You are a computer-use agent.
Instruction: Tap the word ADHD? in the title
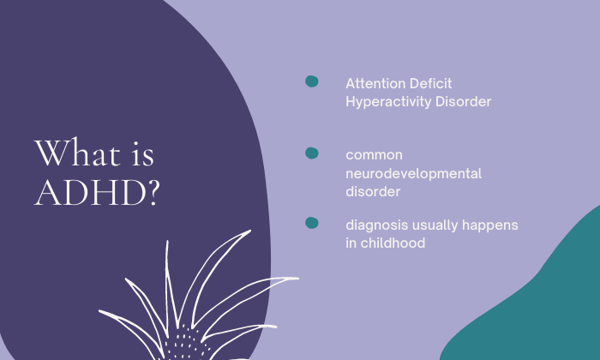click(x=97, y=192)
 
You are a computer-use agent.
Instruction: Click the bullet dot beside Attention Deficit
click(x=312, y=81)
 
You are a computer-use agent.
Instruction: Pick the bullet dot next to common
click(x=312, y=153)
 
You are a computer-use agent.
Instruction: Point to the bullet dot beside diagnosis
click(x=312, y=223)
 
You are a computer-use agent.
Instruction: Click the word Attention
click(x=370, y=83)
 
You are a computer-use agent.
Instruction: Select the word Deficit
click(x=425, y=83)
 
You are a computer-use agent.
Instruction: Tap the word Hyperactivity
click(x=388, y=102)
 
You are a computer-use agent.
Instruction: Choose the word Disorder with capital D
click(x=464, y=101)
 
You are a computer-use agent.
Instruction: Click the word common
click(x=375, y=155)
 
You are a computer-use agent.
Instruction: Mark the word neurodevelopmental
click(x=414, y=174)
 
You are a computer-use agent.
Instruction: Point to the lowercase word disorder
click(x=373, y=191)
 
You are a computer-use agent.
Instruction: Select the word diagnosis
click(x=377, y=225)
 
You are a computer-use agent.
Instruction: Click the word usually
click(x=435, y=225)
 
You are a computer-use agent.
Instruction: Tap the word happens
click(x=490, y=225)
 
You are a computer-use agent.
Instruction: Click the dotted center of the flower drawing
click(x=187, y=343)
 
